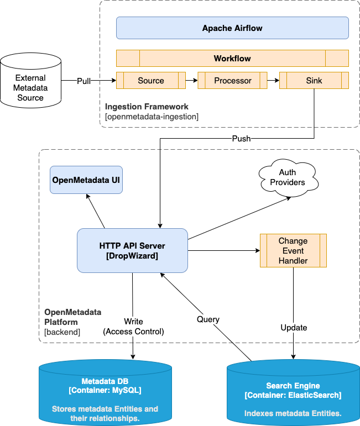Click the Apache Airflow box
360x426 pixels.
232,28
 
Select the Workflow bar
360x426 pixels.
232,58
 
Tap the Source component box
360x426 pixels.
151,81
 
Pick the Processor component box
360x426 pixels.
232,81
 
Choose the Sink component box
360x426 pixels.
314,81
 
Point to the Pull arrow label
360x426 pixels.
84,81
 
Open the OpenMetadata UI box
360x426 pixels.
86,180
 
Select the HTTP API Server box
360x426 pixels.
132,250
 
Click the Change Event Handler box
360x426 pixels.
293,250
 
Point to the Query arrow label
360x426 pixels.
208,319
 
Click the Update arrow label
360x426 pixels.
293,327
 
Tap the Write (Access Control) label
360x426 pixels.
133,327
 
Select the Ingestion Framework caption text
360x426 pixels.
147,106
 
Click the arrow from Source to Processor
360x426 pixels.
192,81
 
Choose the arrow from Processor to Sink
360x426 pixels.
273,81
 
